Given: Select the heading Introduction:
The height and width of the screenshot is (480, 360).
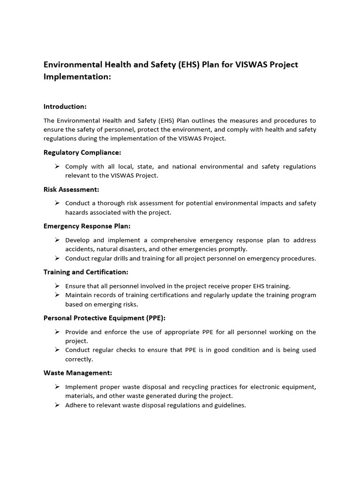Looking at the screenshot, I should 65,106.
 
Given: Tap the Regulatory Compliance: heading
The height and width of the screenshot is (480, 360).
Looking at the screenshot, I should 82,152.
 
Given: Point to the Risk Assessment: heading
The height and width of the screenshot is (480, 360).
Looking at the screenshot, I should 71,189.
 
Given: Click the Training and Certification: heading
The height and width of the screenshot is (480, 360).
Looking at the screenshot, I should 86,272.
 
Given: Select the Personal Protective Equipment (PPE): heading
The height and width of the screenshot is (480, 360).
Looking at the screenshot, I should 104,318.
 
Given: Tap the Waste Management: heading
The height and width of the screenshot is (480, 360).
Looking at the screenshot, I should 78,373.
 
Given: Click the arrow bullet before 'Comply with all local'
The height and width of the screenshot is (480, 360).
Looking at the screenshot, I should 57,166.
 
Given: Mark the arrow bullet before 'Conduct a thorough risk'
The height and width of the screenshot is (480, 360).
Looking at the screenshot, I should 57,203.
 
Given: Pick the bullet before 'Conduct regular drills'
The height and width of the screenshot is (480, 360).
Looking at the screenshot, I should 57,258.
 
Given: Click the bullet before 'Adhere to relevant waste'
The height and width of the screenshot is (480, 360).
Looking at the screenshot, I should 57,405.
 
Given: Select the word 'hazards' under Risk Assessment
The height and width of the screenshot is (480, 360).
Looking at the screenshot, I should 76,212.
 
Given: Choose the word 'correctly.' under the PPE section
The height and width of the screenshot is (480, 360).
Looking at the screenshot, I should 79,359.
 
